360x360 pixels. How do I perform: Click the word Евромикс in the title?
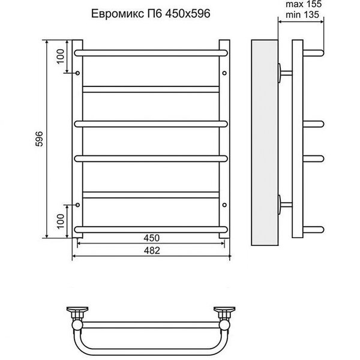coord(118,14)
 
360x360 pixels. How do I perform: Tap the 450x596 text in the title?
coord(188,14)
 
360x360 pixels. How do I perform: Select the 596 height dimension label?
coord(39,139)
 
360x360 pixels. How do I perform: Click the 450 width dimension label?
coord(152,238)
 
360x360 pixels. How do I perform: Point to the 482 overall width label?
coord(152,250)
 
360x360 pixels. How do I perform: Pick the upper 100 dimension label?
coord(61,56)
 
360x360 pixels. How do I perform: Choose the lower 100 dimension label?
coord(61,221)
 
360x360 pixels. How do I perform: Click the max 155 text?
coord(304,4)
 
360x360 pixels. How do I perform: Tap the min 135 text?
coord(302,14)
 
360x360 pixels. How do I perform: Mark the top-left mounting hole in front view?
coord(77,73)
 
